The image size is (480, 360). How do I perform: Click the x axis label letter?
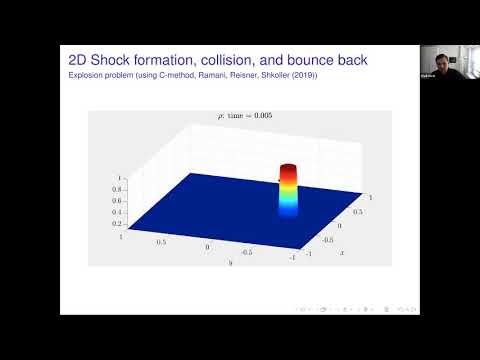pos(342,252)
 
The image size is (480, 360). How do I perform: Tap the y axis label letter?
pos(230,263)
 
